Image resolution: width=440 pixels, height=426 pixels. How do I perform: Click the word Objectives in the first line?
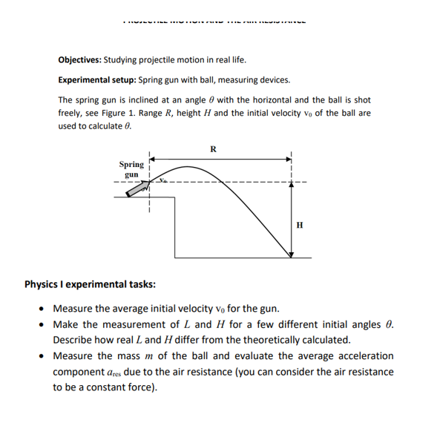(79, 60)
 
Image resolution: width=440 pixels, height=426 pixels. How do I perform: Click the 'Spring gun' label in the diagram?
(131, 168)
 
